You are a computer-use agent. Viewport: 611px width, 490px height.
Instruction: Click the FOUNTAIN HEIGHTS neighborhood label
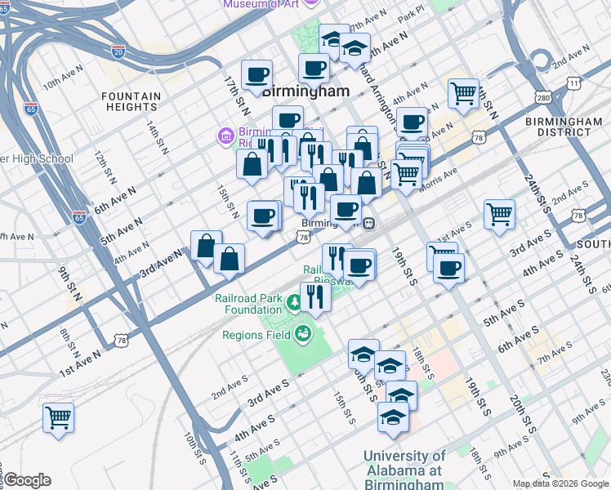coord(130,101)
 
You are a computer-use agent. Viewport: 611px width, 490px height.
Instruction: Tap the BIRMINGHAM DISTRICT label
coord(564,127)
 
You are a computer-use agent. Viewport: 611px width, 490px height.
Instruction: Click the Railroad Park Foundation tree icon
coord(294,305)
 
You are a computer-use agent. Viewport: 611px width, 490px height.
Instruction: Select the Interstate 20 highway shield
coord(119,51)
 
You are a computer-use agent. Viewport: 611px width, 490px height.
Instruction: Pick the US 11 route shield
coord(575,82)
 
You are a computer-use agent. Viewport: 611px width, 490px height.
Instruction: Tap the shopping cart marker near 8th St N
coord(59,418)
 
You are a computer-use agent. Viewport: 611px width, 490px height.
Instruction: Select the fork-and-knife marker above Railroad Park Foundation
coord(315,297)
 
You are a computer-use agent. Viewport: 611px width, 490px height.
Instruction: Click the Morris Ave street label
coord(438,178)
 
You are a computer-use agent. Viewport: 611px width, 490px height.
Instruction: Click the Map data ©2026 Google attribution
coord(560,483)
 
